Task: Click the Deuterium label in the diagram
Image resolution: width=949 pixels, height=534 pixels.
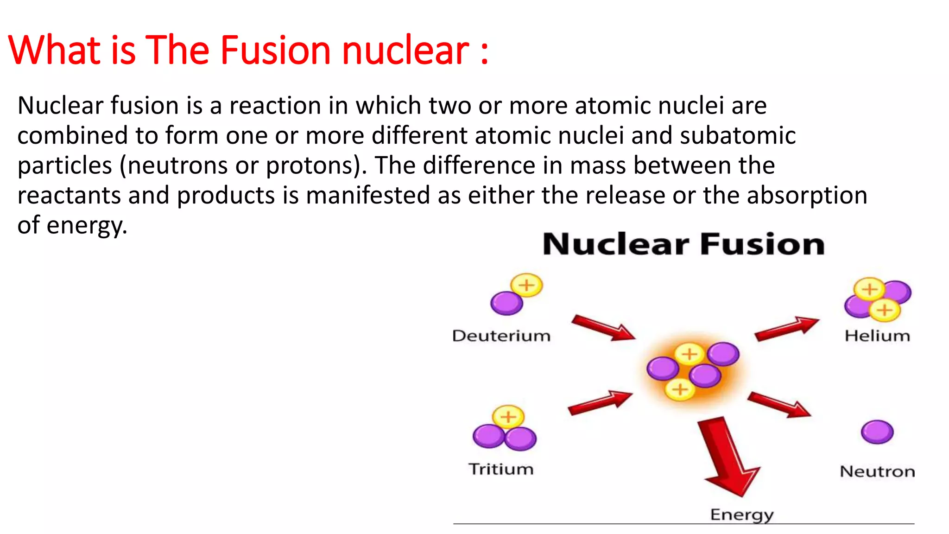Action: point(501,336)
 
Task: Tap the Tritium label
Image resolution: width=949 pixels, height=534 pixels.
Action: point(501,469)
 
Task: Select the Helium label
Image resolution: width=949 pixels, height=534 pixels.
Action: point(877,336)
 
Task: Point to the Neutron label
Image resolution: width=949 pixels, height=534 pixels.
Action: point(877,471)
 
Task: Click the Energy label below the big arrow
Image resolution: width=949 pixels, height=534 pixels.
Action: point(742,515)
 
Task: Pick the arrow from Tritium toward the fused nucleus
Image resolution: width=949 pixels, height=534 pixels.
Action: point(600,402)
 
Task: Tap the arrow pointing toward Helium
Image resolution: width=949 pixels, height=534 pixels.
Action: point(786,329)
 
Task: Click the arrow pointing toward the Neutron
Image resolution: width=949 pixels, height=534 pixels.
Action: point(779,404)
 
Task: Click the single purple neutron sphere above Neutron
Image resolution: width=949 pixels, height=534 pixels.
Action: point(877,432)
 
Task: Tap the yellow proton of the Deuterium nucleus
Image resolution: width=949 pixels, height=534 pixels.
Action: point(526,285)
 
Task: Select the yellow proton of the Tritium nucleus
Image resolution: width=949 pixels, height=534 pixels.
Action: point(508,416)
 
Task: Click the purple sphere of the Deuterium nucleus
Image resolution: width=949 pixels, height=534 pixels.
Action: point(506,304)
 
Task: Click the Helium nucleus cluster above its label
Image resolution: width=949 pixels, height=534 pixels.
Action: point(877,299)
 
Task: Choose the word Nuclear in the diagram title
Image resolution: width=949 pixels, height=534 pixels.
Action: point(616,244)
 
